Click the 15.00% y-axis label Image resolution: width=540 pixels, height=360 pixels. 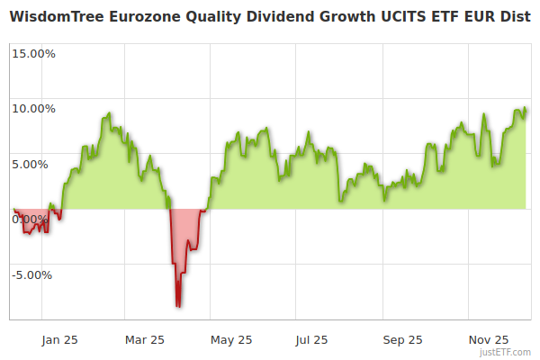(33, 53)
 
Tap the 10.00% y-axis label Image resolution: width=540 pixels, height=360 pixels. (33, 109)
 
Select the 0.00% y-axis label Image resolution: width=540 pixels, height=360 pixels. (30, 219)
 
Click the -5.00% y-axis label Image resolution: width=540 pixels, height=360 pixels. (33, 274)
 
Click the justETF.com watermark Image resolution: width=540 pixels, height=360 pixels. (507, 353)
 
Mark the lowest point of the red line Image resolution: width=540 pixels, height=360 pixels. (178, 307)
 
